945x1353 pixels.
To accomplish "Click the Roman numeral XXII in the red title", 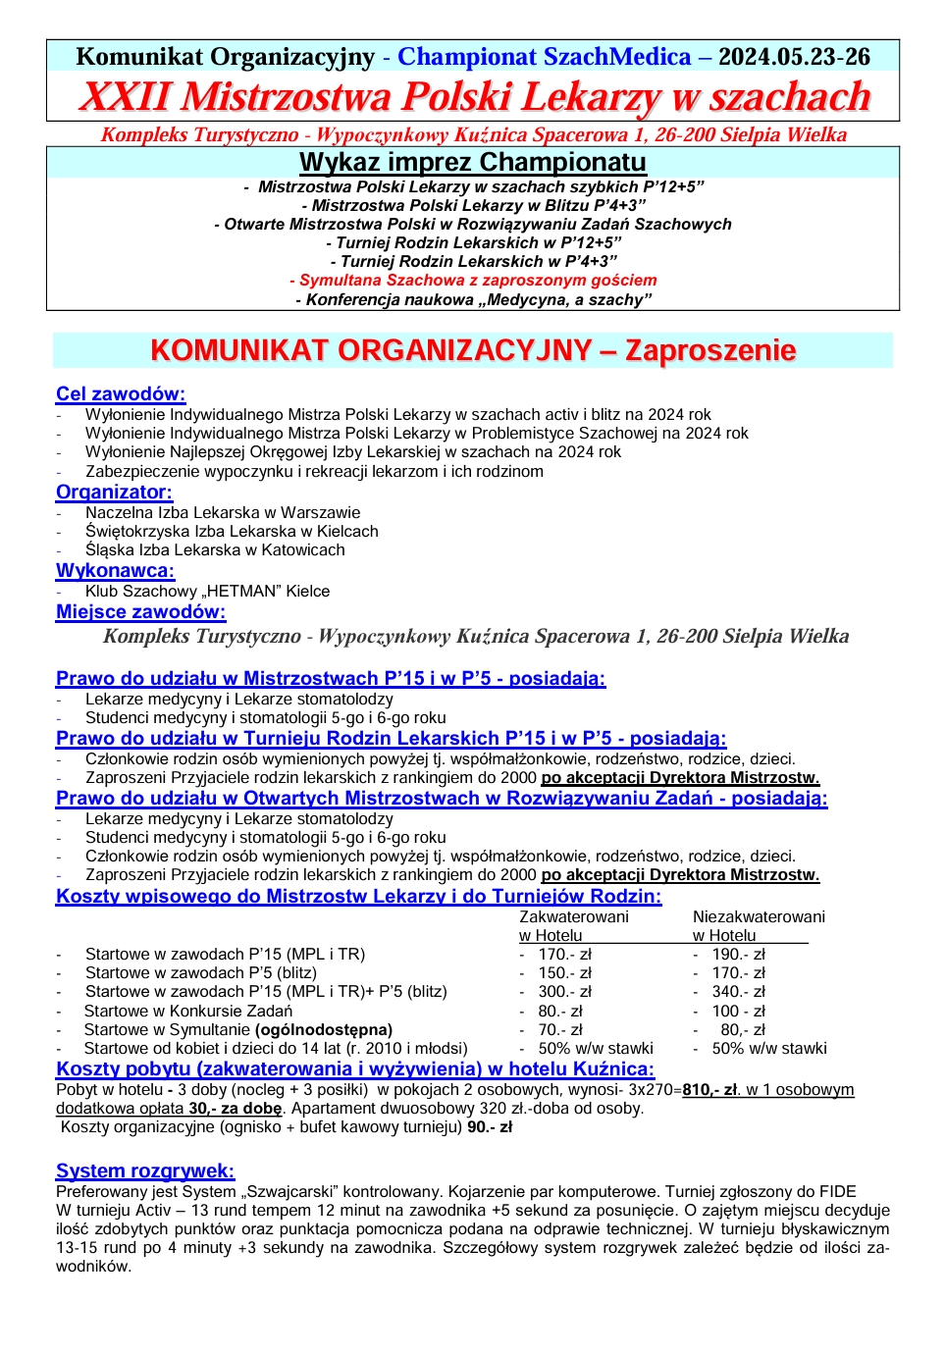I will coord(125,97).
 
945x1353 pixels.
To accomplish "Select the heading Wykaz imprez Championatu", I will coord(472,162).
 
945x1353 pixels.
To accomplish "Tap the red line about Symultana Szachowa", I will coord(473,281).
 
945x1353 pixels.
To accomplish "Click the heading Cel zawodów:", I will coord(121,393).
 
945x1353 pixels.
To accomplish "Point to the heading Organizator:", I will coord(114,492).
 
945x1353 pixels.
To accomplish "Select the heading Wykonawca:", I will coord(115,570).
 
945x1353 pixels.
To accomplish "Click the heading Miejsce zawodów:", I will coord(140,611).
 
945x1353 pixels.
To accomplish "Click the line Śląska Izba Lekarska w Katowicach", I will coord(215,549).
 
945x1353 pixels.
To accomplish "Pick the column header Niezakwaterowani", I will coord(759,916).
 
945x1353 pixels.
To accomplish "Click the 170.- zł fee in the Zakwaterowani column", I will coord(564,954).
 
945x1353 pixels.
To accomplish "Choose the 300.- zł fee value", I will coord(564,991).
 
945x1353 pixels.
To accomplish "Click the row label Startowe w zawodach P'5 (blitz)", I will coord(200,972).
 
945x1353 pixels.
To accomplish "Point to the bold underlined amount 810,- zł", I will coord(710,1089).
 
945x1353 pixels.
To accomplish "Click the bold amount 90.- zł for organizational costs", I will coord(490,1126).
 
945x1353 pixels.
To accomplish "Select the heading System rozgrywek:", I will coord(145,1171).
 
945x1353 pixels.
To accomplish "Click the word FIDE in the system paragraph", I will coord(836,1191).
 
